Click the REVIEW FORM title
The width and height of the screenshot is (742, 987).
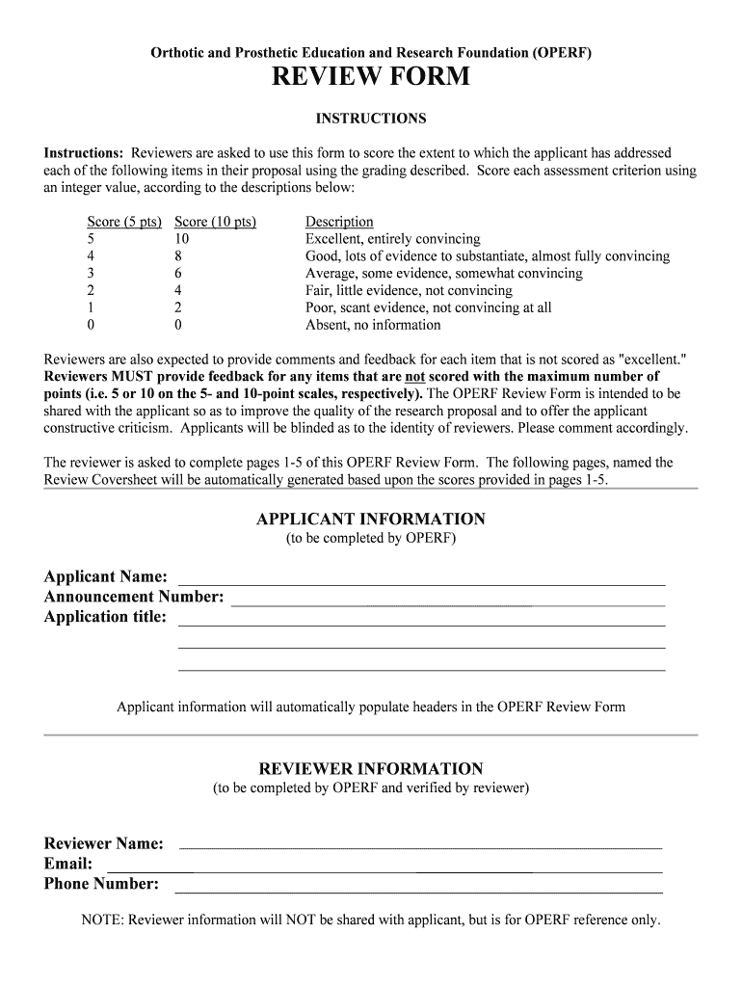pos(371,77)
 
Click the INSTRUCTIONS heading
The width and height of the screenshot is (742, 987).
pos(371,119)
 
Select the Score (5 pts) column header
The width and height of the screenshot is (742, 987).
pos(124,222)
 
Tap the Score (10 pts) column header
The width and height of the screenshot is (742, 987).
pos(215,222)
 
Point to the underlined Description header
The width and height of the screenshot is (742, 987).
pos(339,222)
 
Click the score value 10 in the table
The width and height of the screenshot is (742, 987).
pos(182,239)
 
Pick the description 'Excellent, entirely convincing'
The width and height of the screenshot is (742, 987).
pos(392,239)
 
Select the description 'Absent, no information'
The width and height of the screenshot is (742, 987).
pos(373,325)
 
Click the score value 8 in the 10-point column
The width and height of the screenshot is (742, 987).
pos(178,256)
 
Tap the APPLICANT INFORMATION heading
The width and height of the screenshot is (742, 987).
pos(371,519)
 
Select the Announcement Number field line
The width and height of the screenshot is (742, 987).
pos(448,603)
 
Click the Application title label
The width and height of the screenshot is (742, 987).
pos(105,617)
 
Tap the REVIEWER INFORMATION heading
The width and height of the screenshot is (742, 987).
pos(371,769)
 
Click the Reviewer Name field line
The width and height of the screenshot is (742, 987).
pos(421,846)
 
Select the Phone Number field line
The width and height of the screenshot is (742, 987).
pos(419,890)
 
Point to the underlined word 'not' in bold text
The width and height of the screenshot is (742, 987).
pos(415,377)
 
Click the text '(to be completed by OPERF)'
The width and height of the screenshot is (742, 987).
pos(371,539)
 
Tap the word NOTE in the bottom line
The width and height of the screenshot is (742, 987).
pos(102,920)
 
